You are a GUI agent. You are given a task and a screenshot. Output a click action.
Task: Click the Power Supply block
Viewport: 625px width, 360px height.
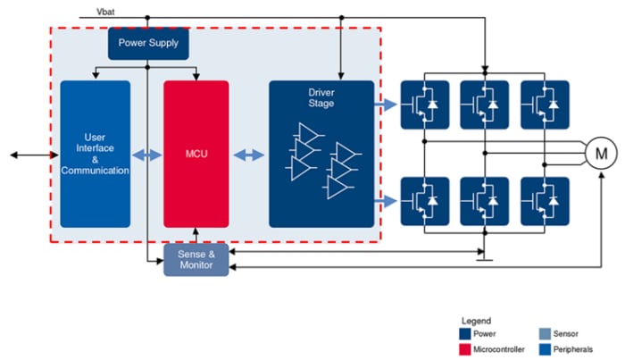click(150, 43)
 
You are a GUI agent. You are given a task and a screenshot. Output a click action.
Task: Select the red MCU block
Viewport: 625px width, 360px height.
click(196, 154)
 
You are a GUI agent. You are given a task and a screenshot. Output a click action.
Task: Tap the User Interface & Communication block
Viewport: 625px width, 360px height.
click(95, 154)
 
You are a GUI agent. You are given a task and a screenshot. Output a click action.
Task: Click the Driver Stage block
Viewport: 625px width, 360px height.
click(321, 154)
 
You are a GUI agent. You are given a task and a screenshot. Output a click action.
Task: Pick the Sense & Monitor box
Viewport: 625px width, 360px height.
click(196, 259)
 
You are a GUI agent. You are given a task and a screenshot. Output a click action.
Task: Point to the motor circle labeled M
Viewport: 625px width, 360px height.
click(600, 154)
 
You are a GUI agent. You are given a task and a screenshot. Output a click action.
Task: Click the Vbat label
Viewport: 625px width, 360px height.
click(105, 12)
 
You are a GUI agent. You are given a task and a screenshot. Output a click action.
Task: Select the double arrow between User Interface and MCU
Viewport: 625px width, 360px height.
click(146, 155)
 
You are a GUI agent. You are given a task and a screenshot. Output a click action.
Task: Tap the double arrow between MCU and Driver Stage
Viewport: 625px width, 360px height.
click(249, 155)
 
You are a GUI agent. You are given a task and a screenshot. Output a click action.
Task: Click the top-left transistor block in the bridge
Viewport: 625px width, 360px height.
click(424, 105)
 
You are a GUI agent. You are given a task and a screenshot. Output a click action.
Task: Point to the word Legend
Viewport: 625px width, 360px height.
click(476, 320)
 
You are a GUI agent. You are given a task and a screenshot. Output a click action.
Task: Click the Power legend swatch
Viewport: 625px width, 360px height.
click(467, 333)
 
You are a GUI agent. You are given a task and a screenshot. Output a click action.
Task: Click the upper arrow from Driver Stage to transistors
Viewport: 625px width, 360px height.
click(386, 105)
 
